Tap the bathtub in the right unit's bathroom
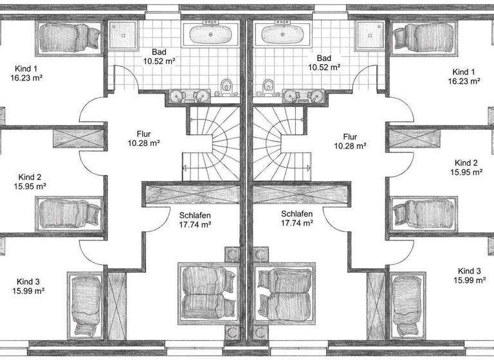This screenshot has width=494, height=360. pyautogui.click(x=282, y=33)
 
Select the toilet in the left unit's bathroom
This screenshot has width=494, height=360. pyautogui.click(x=226, y=87)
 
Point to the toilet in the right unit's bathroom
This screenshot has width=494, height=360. pyautogui.click(x=268, y=87)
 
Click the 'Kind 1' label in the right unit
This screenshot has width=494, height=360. pyautogui.click(x=464, y=71)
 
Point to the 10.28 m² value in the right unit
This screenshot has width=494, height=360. pyautogui.click(x=350, y=146)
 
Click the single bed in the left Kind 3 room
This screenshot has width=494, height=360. pyautogui.click(x=85, y=306)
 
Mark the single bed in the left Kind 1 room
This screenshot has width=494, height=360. pyautogui.click(x=68, y=35)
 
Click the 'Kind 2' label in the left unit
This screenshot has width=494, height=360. pyautogui.click(x=30, y=177)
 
